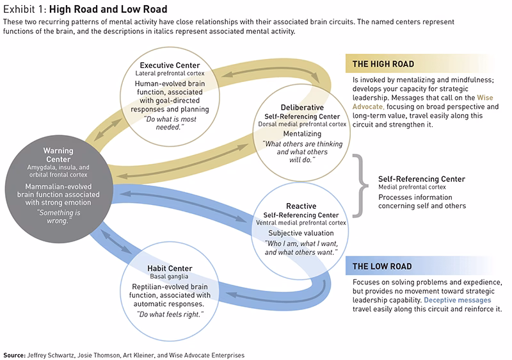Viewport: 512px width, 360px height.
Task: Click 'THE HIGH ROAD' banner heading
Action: [x=383, y=64]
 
